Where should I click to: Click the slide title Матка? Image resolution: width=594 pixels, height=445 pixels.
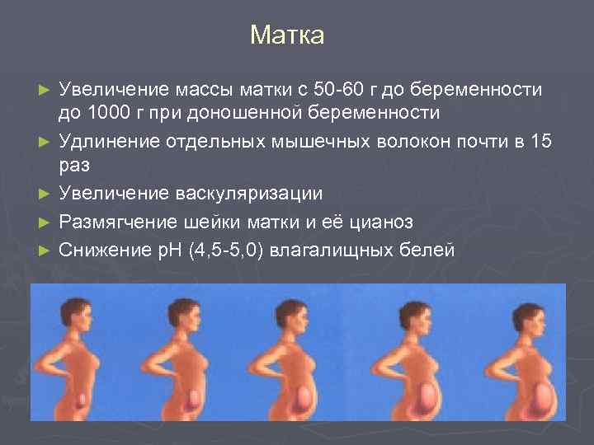[x=288, y=35]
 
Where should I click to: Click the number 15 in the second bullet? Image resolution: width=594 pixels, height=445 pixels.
[x=541, y=141]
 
